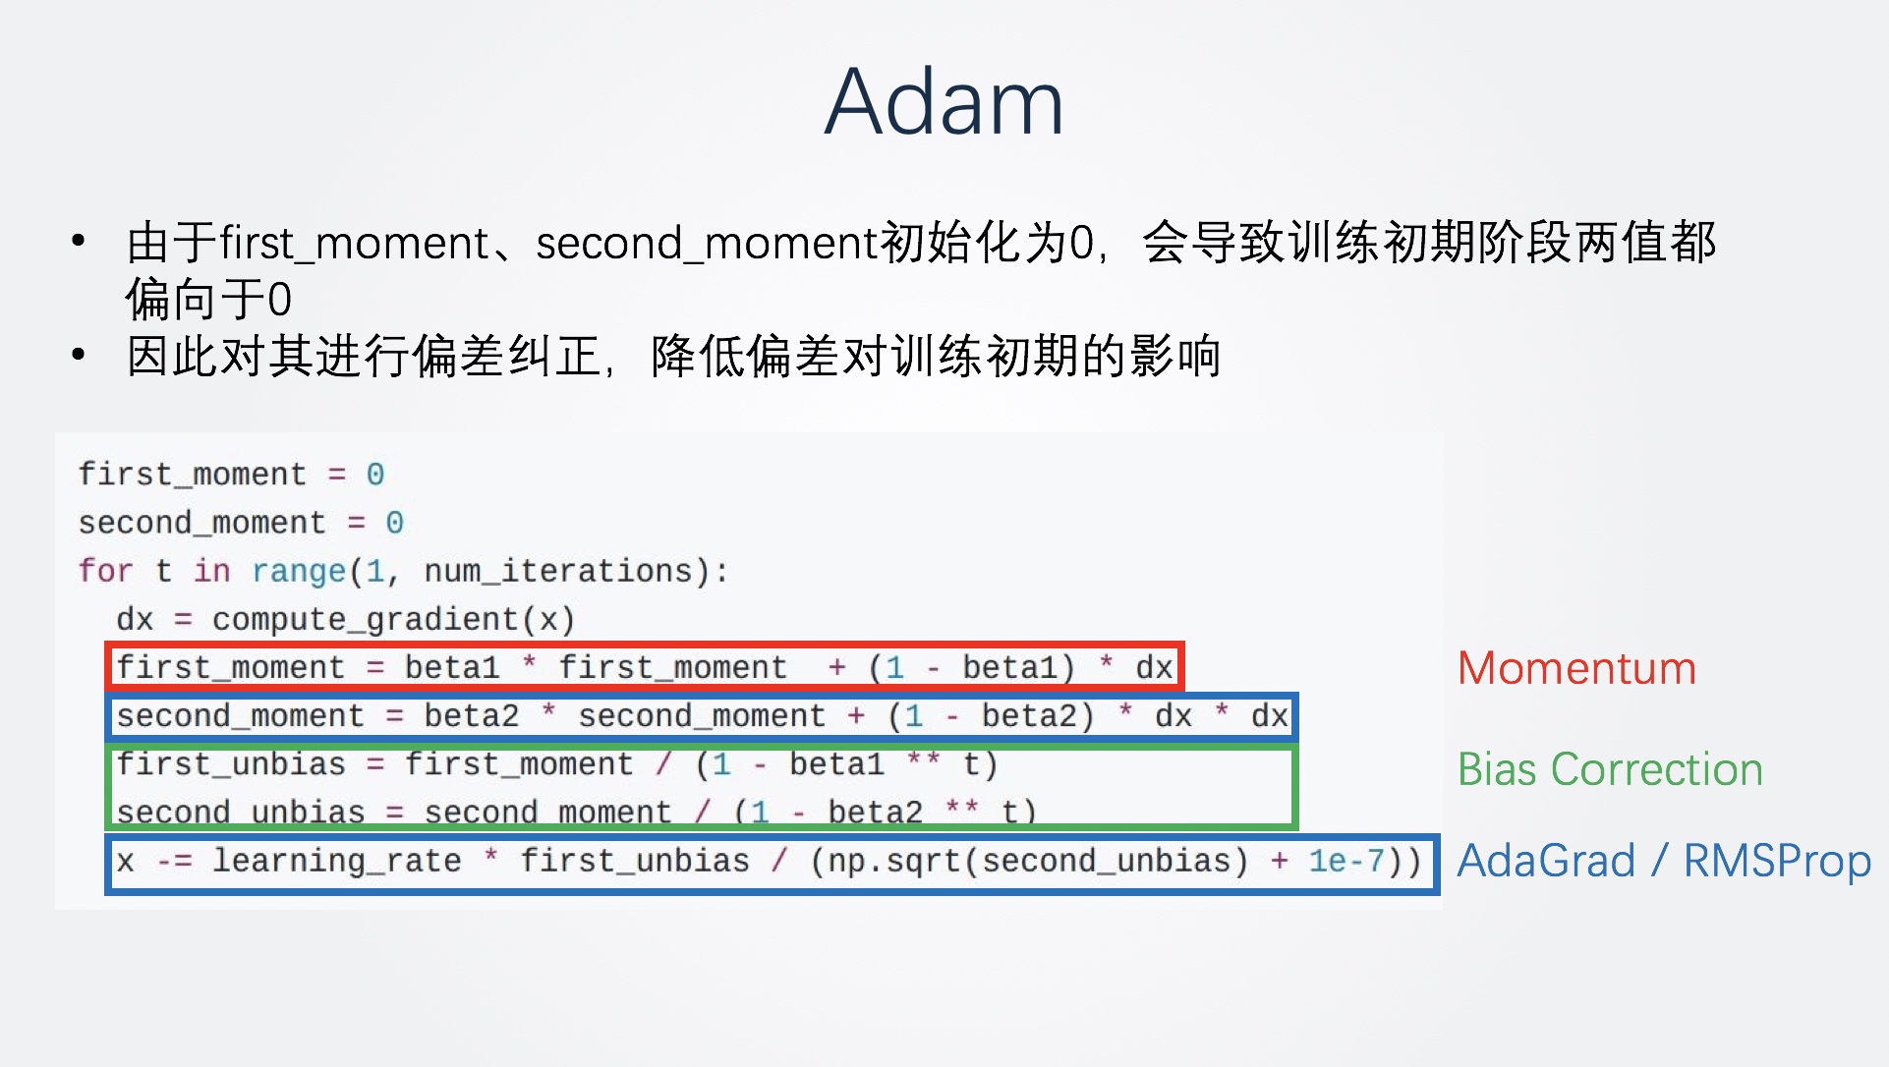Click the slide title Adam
(944, 101)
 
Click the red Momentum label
(1576, 668)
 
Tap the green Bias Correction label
(1610, 768)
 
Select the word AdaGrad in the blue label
(1546, 861)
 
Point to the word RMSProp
(1777, 862)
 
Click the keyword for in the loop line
(105, 570)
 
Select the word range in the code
(299, 572)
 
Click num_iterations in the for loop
(558, 571)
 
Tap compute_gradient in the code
(365, 620)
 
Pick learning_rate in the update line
(337, 861)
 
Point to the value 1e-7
(1345, 861)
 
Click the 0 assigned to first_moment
(375, 475)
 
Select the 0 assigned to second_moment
(394, 523)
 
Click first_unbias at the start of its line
(231, 764)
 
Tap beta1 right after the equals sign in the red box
(452, 668)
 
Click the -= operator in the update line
(174, 862)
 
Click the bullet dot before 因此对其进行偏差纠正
(79, 354)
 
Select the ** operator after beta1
(923, 759)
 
